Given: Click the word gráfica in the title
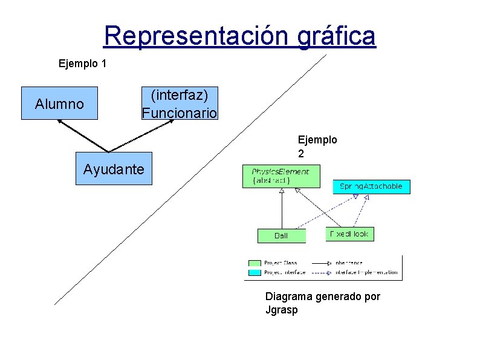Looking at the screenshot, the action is [337, 36].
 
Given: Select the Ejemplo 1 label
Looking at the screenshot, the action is [82, 62].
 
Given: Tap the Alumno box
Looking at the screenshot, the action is [59, 104].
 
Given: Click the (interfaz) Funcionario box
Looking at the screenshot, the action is [179, 104].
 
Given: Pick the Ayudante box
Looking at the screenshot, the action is [114, 168].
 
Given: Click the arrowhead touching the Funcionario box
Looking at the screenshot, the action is [170, 122].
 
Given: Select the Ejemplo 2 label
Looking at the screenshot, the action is [317, 146].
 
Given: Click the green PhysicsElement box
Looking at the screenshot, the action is [280, 176].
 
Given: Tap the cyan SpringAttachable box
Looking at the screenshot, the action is [371, 187].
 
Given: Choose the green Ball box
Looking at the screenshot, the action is [282, 235].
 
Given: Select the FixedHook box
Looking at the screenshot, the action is [349, 234].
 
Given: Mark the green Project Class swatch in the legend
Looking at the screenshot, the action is [255, 263].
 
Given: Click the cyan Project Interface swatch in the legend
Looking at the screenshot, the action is [255, 272].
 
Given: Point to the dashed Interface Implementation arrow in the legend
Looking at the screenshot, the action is [320, 272].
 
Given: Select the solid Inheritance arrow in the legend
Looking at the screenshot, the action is [320, 263].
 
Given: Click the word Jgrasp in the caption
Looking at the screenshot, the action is [281, 310].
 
